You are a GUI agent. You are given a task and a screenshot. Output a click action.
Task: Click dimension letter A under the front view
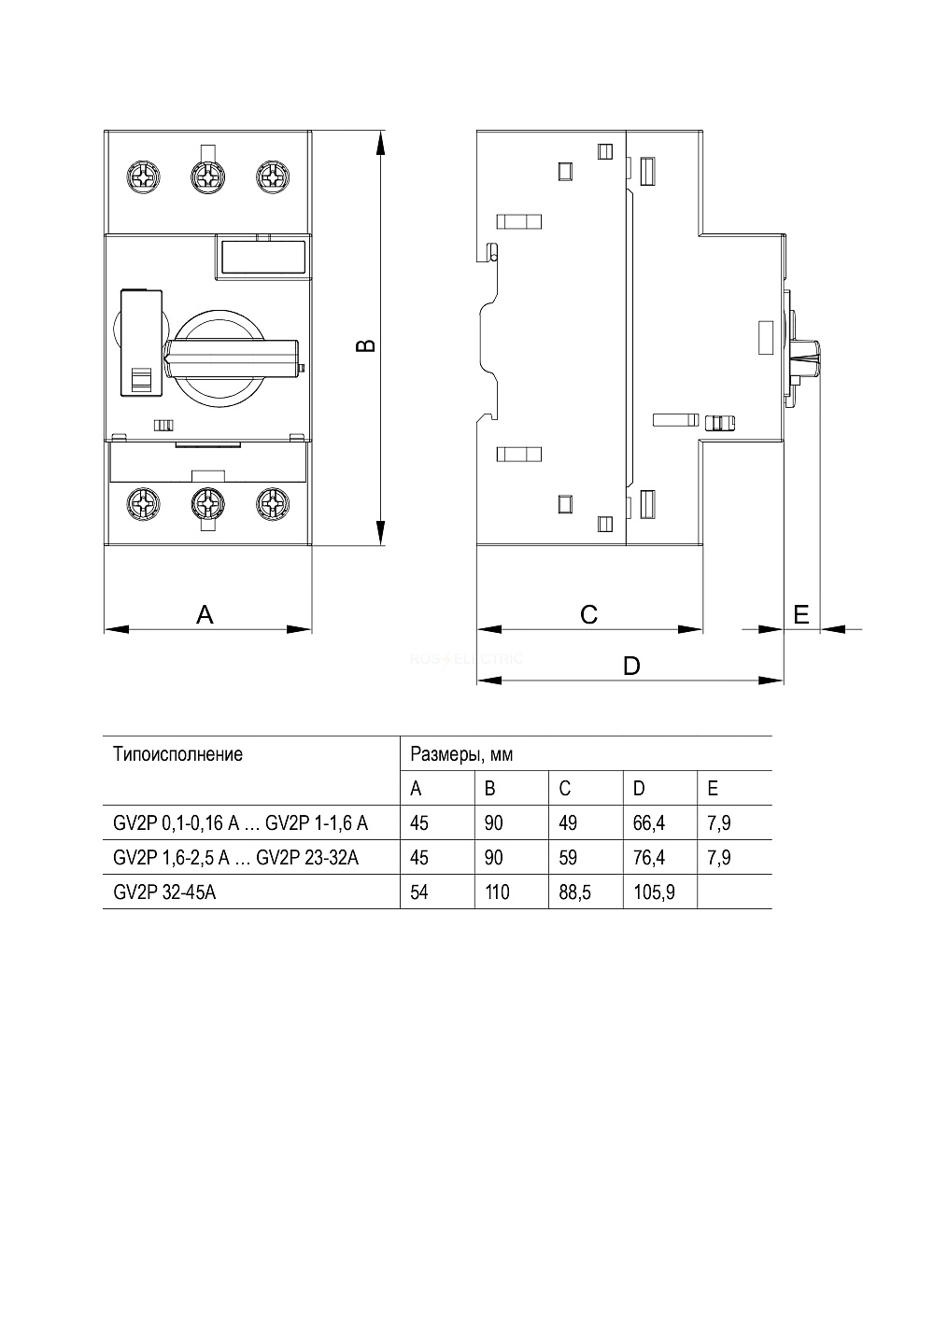205,614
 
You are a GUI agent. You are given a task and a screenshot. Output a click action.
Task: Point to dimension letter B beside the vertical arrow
366,345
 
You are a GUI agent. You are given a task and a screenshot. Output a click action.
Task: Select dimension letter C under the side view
589,614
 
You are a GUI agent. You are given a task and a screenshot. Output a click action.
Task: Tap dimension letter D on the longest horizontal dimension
631,666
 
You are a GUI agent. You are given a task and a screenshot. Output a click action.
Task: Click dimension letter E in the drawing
800,614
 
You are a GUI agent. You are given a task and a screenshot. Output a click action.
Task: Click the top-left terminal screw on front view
143,176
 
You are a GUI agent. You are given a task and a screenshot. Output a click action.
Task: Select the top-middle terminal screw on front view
208,176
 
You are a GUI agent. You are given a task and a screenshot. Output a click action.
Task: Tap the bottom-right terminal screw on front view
273,504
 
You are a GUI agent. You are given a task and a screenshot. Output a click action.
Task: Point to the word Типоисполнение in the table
178,754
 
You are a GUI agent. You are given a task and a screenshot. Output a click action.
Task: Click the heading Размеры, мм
461,755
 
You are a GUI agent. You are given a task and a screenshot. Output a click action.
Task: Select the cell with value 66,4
648,822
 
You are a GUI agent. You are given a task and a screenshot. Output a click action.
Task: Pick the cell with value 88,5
575,892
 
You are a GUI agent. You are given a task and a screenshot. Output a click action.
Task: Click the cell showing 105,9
654,892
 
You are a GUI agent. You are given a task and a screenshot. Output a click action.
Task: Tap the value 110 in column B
497,892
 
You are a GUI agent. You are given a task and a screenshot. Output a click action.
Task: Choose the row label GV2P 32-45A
164,892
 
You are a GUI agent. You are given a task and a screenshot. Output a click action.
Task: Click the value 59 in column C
568,857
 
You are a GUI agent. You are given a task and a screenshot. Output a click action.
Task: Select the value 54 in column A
419,892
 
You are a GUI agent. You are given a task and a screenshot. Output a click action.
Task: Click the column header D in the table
639,789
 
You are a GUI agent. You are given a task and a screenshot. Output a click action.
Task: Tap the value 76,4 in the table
648,857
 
